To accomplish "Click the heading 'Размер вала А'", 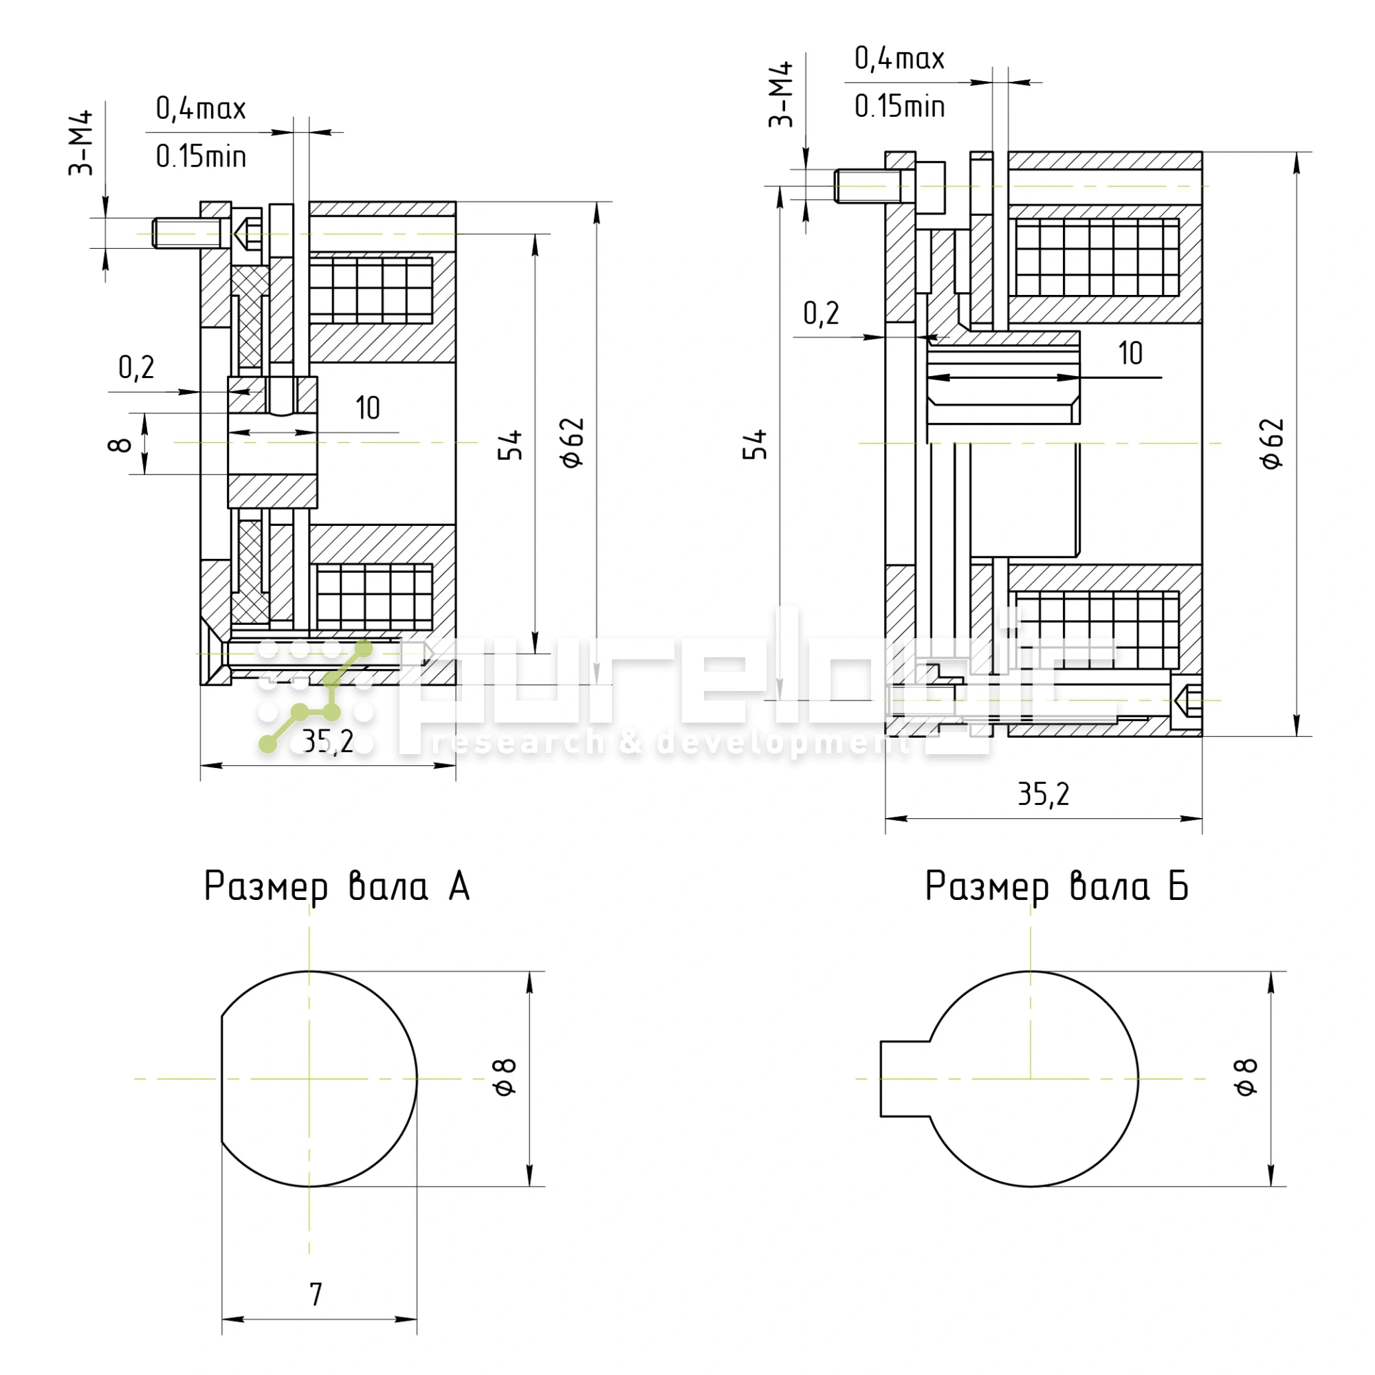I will pyautogui.click(x=337, y=888).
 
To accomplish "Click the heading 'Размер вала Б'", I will pyautogui.click(x=1056, y=888).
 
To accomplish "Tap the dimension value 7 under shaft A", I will pyautogui.click(x=316, y=1294).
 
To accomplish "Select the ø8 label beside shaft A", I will pyautogui.click(x=505, y=1077).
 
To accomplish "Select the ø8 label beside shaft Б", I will pyautogui.click(x=1246, y=1077).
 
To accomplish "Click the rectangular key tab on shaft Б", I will pyautogui.click(x=904, y=1079).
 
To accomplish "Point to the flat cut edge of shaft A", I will pyautogui.click(x=222, y=1079).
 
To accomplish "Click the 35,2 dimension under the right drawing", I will pyautogui.click(x=1044, y=794).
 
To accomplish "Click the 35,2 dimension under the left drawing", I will pyautogui.click(x=327, y=742).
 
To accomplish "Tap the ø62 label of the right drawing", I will pyautogui.click(x=1273, y=443).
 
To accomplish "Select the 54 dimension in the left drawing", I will pyautogui.click(x=510, y=445).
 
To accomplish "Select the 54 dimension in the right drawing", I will pyautogui.click(x=755, y=444).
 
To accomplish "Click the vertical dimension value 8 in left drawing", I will pyautogui.click(x=120, y=445).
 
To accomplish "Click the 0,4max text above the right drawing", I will pyautogui.click(x=899, y=58).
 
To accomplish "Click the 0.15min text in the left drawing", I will pyautogui.click(x=201, y=157).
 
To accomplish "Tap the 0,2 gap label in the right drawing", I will pyautogui.click(x=821, y=313).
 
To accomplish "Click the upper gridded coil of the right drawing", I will pyautogui.click(x=1097, y=258).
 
